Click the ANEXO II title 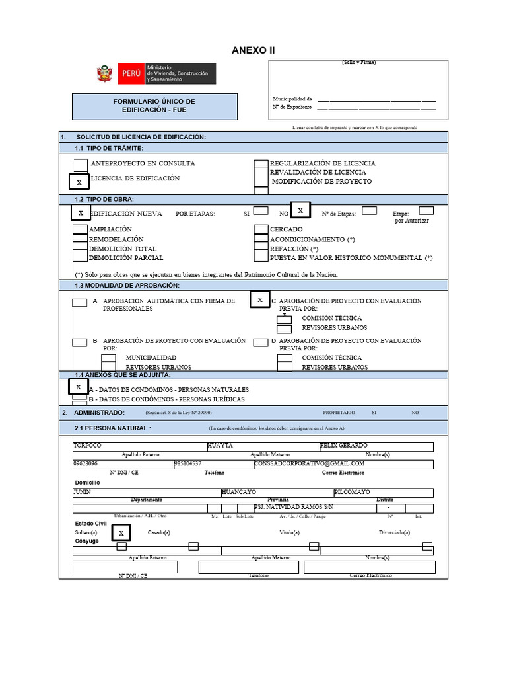pos(253,50)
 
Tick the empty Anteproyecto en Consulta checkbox pos(79,163)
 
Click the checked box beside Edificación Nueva pos(81,213)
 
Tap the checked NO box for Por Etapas pos(300,210)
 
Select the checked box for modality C pos(260,300)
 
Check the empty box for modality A pos(79,303)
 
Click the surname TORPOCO pos(88,446)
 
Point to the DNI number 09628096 pos(86,464)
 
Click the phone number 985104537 pos(188,464)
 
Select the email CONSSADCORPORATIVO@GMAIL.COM pos(310,464)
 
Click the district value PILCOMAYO pos(353,493)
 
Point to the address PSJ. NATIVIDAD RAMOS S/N pos(294,507)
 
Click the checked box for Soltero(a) pos(121,532)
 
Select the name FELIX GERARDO pos(344,446)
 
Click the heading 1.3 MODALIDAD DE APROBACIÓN pos(127,285)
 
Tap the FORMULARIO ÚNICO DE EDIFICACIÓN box pos(154,106)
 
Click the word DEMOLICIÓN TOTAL pos(123,249)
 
